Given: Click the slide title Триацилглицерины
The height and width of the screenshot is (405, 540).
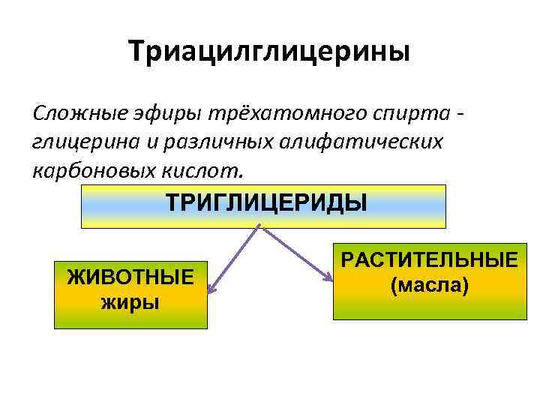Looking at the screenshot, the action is coord(269,52).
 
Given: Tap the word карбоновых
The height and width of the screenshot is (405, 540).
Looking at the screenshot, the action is coord(82,169).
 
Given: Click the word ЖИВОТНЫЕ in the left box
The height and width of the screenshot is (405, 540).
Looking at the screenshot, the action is coord(130,277).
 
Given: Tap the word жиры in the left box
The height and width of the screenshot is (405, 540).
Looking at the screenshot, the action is coord(130,303).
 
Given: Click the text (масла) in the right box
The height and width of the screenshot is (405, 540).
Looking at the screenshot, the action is coord(430,285).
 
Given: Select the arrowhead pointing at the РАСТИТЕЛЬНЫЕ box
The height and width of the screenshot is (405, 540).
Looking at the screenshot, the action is coord(328,278).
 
